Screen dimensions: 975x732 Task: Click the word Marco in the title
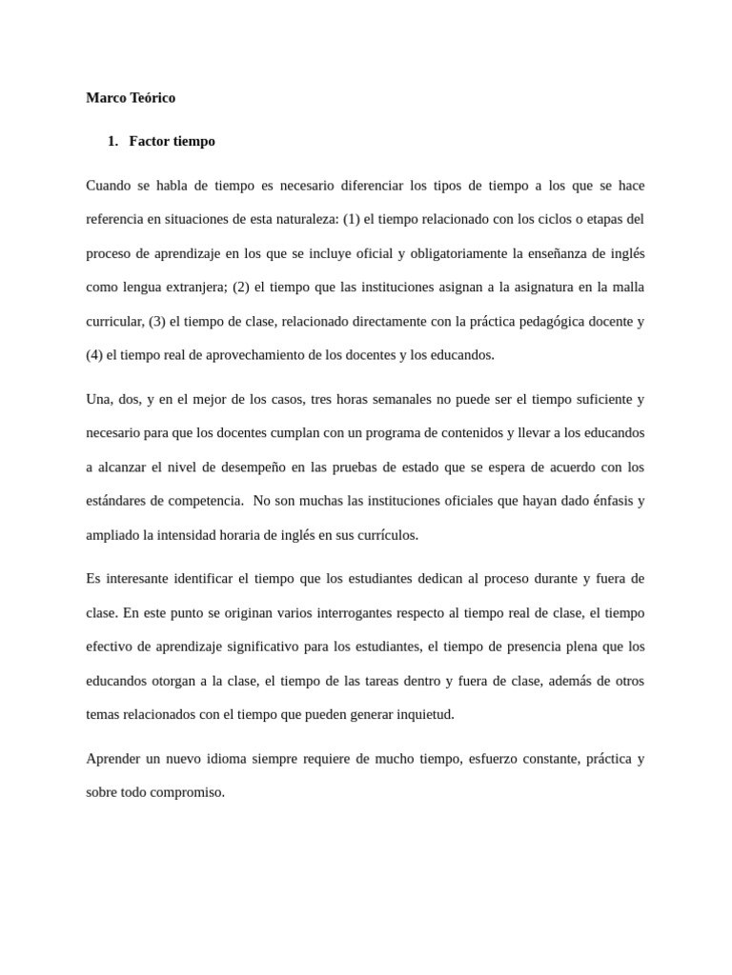pos(105,98)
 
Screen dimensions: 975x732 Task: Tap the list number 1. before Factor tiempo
pos(112,142)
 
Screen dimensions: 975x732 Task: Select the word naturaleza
pos(307,219)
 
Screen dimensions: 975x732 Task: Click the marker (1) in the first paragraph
pos(352,219)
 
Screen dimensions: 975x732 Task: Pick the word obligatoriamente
pos(457,253)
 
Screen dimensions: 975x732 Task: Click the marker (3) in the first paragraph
pos(158,321)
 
